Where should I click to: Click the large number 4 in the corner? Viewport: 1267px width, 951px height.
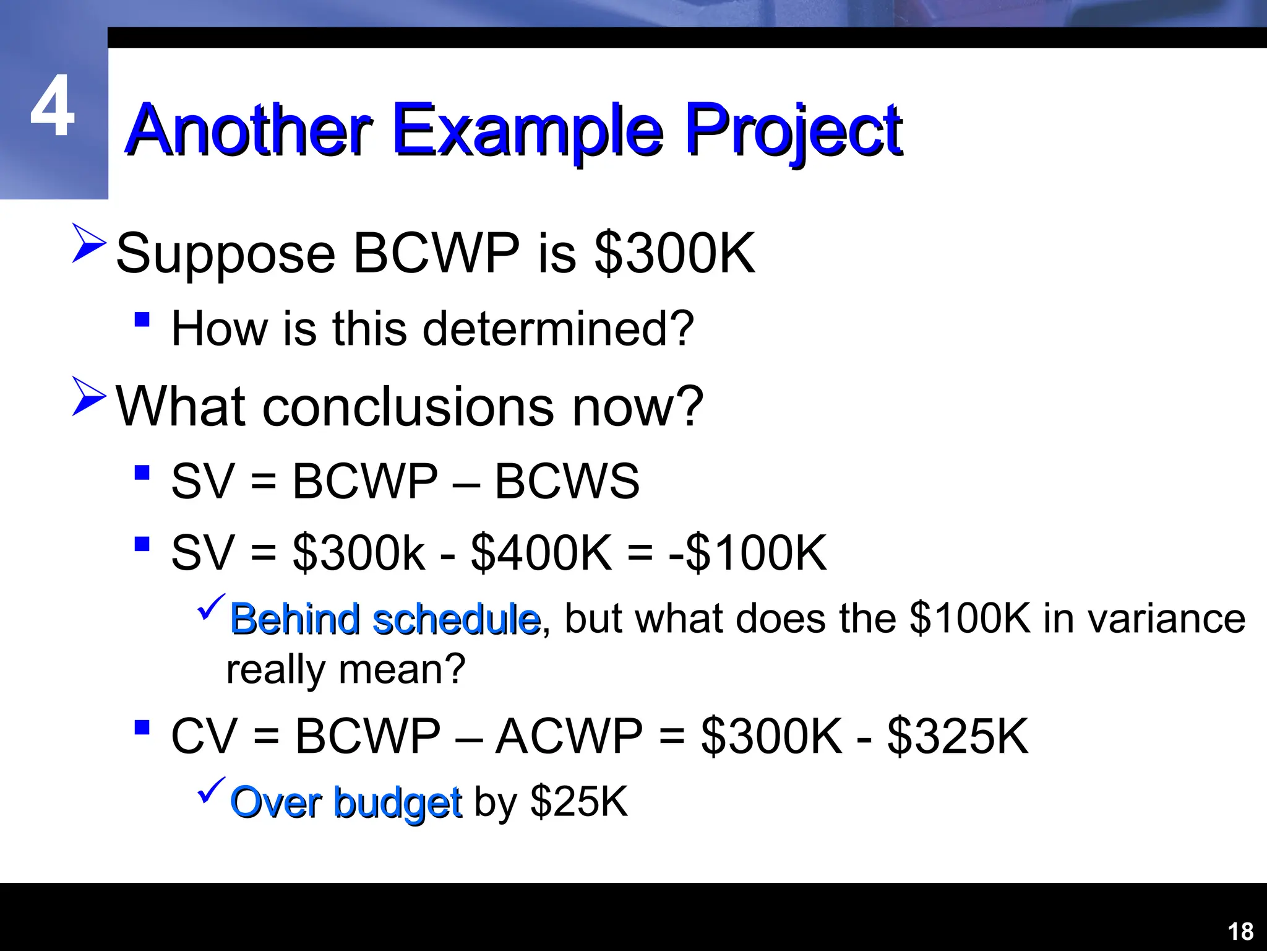(53, 106)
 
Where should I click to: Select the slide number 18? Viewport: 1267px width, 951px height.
(1240, 931)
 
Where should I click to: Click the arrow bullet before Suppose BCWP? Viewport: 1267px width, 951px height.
(89, 243)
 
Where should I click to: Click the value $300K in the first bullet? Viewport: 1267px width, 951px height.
(674, 253)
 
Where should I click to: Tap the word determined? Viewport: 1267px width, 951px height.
(558, 329)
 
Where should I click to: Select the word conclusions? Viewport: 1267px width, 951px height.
(408, 407)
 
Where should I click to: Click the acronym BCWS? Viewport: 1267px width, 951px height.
(567, 481)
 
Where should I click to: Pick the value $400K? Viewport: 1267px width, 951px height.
(541, 552)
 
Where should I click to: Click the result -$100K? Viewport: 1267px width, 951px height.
(747, 552)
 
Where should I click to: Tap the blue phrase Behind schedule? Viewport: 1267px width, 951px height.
(385, 619)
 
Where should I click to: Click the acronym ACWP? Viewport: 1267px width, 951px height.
(569, 736)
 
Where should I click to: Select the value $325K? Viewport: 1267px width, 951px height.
(958, 736)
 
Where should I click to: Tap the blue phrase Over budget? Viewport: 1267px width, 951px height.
(346, 803)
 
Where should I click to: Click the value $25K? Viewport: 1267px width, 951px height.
(579, 802)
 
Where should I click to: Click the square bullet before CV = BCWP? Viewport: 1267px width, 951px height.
(142, 727)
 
